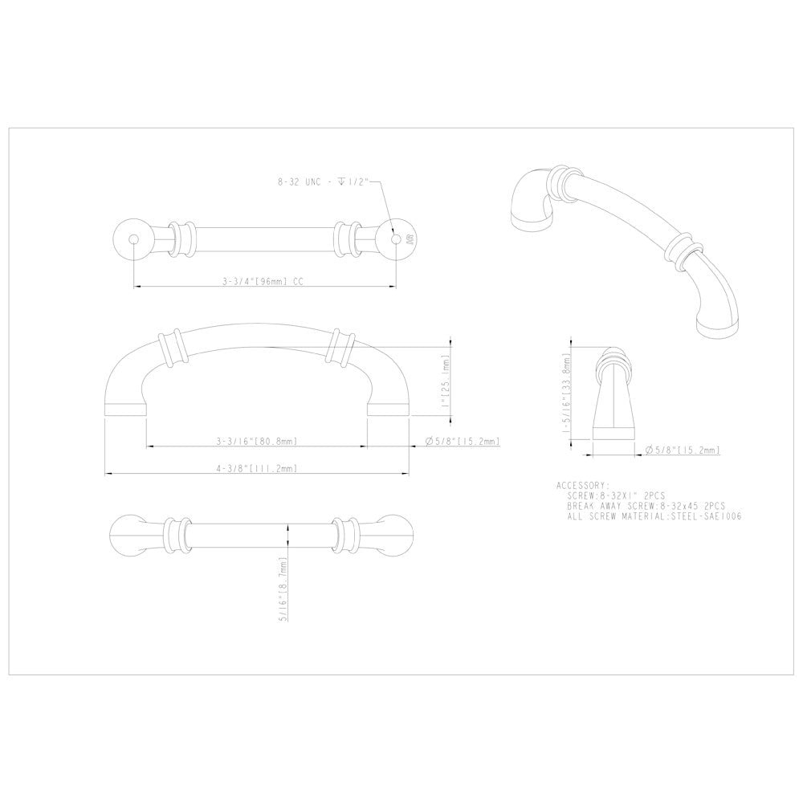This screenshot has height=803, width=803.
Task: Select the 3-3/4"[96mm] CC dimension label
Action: (x=263, y=282)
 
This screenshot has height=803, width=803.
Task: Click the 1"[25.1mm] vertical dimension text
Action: (x=446, y=381)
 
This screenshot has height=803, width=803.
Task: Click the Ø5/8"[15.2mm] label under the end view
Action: (x=682, y=450)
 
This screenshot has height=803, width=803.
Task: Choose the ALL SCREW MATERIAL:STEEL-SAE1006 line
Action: (x=654, y=518)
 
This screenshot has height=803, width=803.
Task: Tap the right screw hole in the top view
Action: (x=394, y=238)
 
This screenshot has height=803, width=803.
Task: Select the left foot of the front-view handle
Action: (x=125, y=406)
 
